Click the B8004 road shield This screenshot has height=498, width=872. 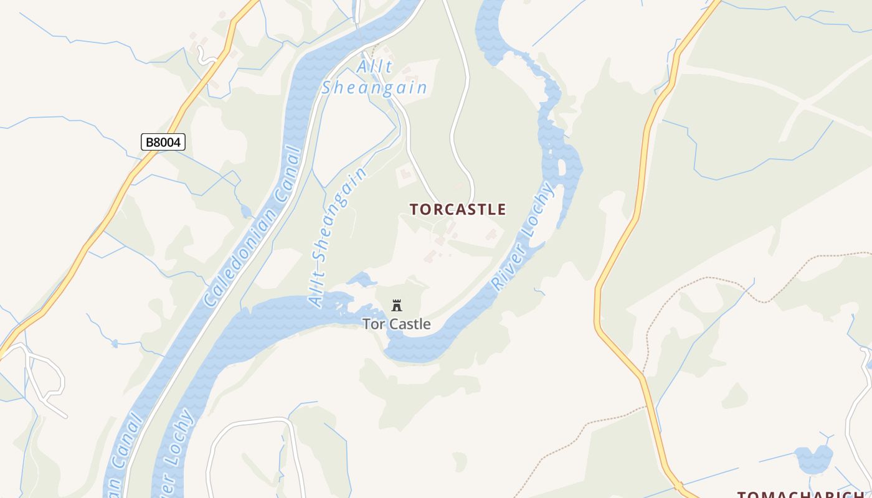pyautogui.click(x=163, y=142)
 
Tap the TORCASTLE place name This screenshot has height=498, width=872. pyautogui.click(x=458, y=209)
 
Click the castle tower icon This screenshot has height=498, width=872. pyautogui.click(x=397, y=305)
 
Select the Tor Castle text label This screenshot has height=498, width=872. pyautogui.click(x=397, y=324)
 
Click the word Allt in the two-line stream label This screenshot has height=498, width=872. pyautogui.click(x=375, y=67)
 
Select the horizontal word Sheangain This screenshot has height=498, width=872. pyautogui.click(x=374, y=88)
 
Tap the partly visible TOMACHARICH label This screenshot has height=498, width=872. pyautogui.click(x=803, y=494)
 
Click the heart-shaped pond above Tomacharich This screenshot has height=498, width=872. pyautogui.click(x=813, y=459)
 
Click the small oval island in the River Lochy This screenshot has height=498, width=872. pyautogui.click(x=562, y=167)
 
